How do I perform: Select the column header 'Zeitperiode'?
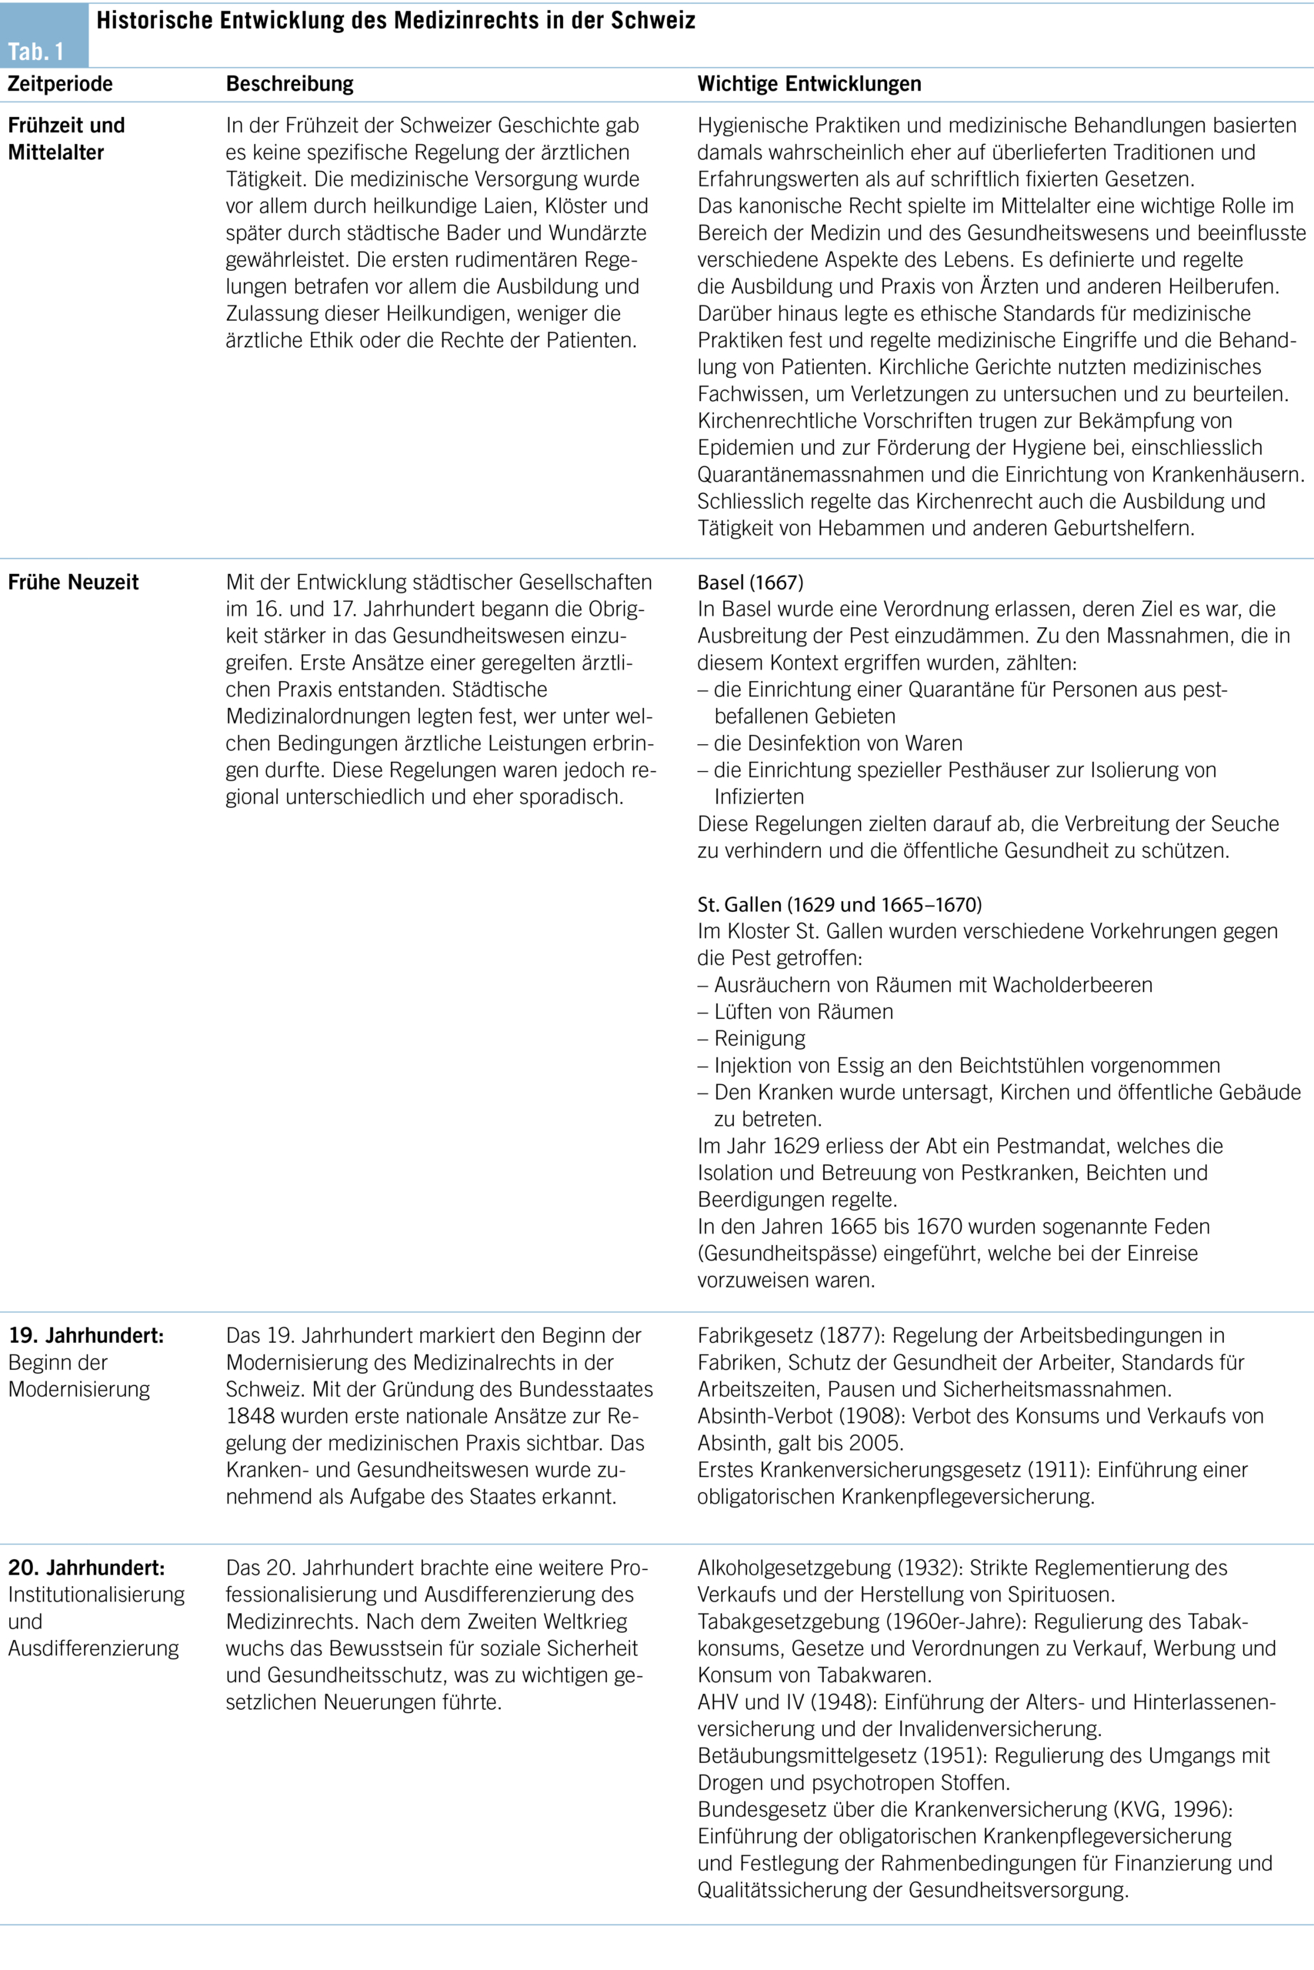tap(60, 84)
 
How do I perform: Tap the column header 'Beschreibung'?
tap(290, 84)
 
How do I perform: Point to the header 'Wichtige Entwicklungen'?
tap(809, 84)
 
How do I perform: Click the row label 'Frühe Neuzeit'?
tap(74, 582)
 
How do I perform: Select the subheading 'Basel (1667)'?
tap(750, 582)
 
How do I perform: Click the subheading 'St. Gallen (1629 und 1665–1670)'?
tap(839, 903)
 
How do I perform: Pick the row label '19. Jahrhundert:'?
tap(86, 1334)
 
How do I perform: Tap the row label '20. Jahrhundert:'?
tap(86, 1567)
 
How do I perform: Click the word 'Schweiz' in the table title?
tap(655, 20)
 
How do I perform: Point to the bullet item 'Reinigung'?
tap(759, 1038)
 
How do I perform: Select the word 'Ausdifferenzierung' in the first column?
tap(94, 1648)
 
